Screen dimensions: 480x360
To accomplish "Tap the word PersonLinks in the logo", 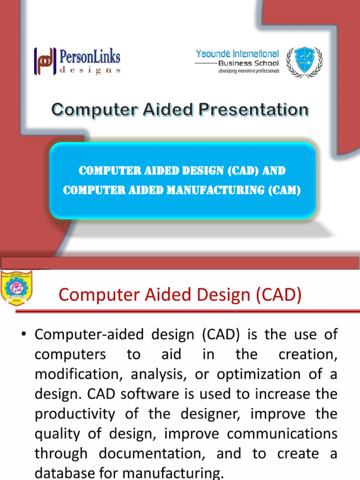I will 90,57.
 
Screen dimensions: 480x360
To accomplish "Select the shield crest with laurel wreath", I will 304,61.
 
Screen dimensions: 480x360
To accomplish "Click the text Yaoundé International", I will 237,54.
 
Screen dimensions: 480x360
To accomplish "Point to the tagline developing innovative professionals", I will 248,71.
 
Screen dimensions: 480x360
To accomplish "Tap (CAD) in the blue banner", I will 243,171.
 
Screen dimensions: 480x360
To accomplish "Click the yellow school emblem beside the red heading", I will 16,288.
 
